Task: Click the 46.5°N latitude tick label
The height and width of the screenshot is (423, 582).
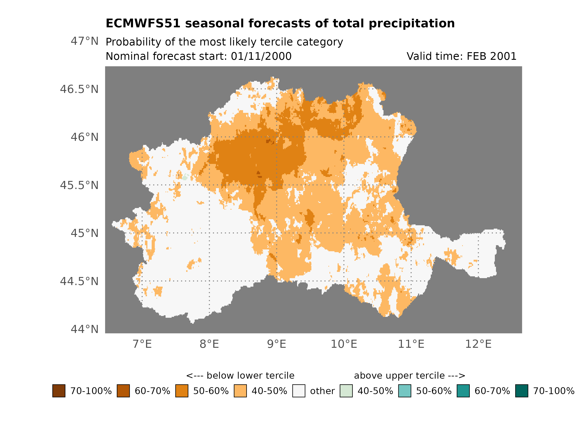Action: coord(79,89)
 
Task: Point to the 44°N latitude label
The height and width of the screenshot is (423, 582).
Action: coord(84,329)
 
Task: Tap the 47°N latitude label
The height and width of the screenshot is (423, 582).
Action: coord(84,41)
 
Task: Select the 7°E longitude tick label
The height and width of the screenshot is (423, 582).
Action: coord(142,344)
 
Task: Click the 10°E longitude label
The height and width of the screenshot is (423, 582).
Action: coord(344,344)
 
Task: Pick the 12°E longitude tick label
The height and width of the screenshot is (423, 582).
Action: coord(478,344)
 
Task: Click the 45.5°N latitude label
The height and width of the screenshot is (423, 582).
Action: coord(79,185)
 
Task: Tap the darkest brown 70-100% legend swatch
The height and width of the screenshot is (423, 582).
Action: coord(59,391)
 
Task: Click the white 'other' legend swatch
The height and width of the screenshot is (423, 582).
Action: coord(299,391)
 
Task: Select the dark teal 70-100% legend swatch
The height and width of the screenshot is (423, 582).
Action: coord(522,391)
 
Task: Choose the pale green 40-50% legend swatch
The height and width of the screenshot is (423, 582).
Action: coord(346,391)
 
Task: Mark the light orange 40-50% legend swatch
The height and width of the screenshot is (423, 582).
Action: coord(240,391)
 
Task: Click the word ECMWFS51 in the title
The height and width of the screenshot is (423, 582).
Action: coord(143,23)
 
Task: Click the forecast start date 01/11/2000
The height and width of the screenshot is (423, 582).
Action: coord(261,56)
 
